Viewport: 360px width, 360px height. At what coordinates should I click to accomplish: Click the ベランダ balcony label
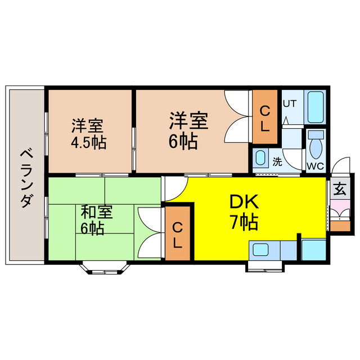tap(25, 178)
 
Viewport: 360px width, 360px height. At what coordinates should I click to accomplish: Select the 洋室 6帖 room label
tap(188, 130)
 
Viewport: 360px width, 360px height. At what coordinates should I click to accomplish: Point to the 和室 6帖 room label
tap(97, 220)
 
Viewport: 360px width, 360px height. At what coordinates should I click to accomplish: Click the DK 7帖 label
tap(244, 213)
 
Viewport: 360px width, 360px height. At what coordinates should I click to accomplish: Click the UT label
tap(289, 103)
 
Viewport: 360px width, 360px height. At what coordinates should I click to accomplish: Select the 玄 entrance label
tap(340, 188)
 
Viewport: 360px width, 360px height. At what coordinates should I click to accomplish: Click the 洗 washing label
tap(277, 161)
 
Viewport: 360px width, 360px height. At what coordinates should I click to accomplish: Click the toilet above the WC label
tap(316, 144)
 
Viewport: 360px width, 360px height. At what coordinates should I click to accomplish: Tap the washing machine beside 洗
tap(260, 157)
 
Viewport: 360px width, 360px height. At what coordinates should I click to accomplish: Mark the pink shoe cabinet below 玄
tap(340, 213)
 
